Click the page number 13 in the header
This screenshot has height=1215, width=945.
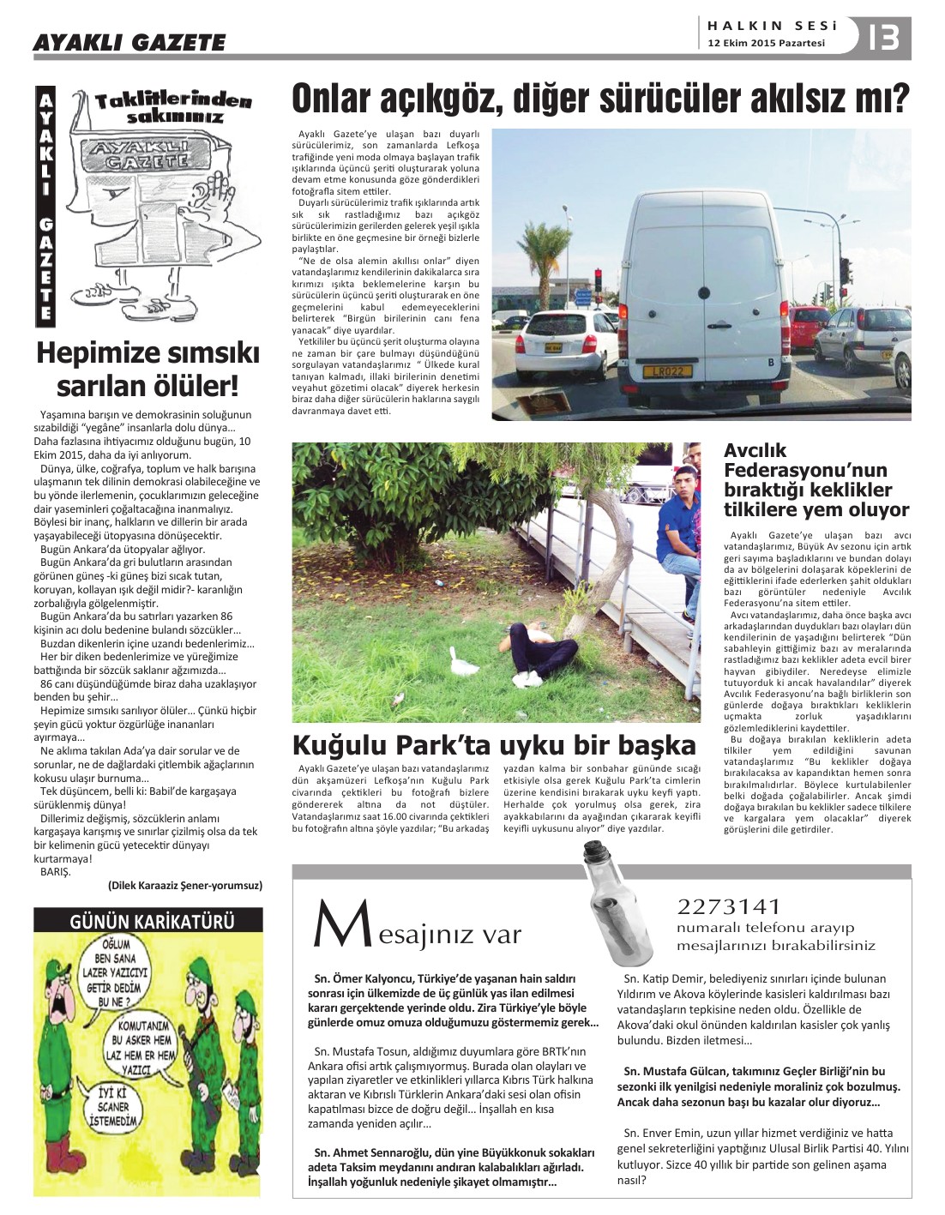(884, 39)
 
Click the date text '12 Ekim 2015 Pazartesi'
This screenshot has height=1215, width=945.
(767, 43)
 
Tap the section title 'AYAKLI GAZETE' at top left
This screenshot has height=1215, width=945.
(129, 42)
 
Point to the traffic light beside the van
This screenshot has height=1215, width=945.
(846, 273)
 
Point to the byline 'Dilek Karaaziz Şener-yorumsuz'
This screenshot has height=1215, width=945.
(185, 885)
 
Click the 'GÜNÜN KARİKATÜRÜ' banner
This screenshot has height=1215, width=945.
(147, 922)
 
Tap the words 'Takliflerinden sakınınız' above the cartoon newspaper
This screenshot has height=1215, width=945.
(173, 107)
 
